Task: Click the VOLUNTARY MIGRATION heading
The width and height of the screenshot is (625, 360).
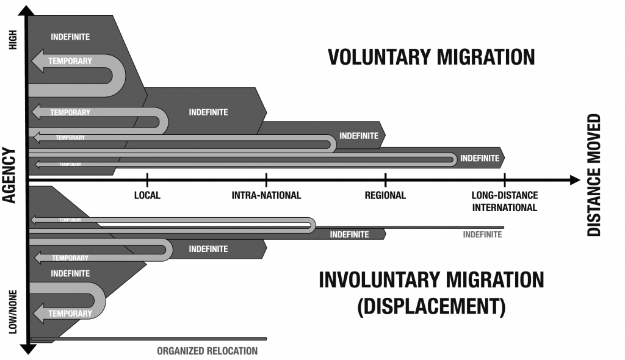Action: coord(431,57)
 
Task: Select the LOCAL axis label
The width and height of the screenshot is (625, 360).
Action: coord(147,196)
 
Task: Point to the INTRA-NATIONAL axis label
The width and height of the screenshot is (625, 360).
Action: coord(267,196)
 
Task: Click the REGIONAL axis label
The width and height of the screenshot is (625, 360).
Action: coord(385,196)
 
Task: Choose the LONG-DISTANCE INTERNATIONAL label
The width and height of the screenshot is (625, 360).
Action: coord(504,201)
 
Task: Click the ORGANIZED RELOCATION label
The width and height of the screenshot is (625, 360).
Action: coord(207,351)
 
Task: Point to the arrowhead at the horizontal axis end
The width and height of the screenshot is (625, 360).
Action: coord(574,180)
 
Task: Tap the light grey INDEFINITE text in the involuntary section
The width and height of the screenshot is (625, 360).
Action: coord(482,234)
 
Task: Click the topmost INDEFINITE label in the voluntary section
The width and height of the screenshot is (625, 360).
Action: coord(70,37)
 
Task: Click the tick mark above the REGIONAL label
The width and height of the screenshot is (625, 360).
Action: coord(385,180)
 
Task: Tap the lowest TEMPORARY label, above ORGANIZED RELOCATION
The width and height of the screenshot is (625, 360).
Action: coord(70,314)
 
